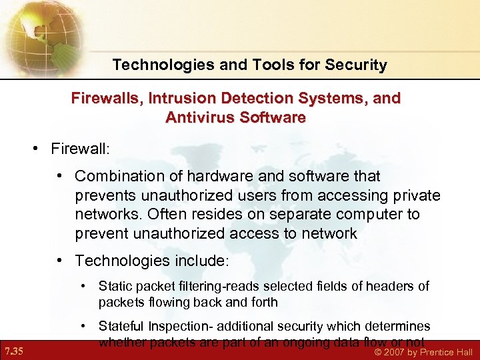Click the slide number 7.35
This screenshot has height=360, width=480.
click(13, 351)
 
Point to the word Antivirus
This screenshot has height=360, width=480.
click(202, 117)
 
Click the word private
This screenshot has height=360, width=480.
click(415, 195)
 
